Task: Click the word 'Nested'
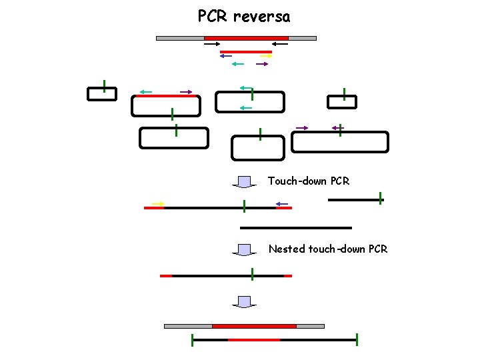coord(287,249)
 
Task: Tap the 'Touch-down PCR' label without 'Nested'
coord(308,181)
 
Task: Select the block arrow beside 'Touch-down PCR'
coord(245,181)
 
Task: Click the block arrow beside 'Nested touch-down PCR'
coord(245,250)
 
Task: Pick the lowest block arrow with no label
coord(245,301)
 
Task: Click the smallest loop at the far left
coord(102,94)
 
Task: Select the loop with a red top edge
coord(166,105)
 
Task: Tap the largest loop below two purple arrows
coord(340,142)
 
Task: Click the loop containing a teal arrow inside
coord(250,102)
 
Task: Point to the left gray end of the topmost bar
coord(180,38)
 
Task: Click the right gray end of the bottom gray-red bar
coord(310,326)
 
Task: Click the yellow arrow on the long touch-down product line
coord(158,203)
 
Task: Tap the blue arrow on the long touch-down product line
coord(281,203)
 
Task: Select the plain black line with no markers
coord(295,228)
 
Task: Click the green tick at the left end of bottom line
coord(192,340)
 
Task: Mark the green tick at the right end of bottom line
coord(357,339)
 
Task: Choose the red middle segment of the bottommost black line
coord(254,340)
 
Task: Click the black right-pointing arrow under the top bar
coord(212,45)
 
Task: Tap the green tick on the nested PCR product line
coord(252,273)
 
